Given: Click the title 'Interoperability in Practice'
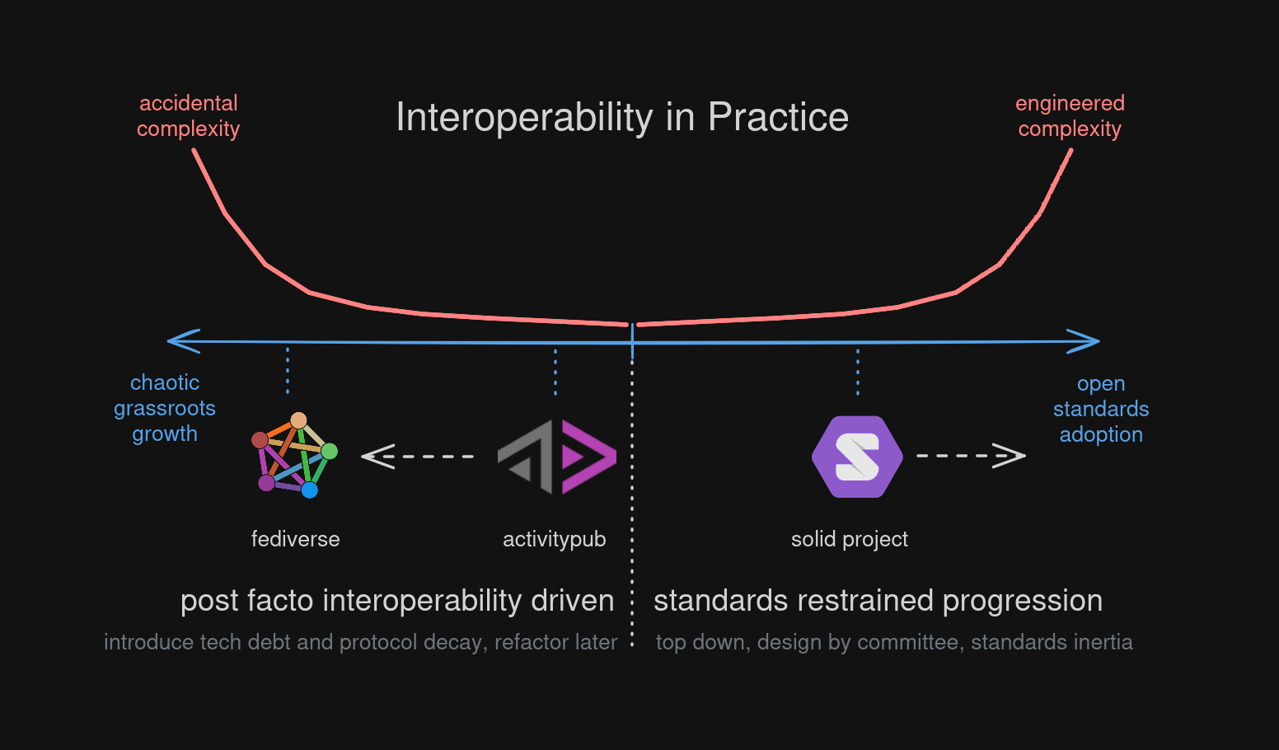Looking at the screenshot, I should pyautogui.click(x=622, y=117).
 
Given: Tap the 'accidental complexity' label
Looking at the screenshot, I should pyautogui.click(x=188, y=116).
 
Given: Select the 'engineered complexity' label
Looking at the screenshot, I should pyautogui.click(x=1070, y=116).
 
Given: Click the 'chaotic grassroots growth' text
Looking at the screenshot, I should pyautogui.click(x=165, y=408).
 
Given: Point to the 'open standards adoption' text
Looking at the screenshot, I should pyautogui.click(x=1101, y=409).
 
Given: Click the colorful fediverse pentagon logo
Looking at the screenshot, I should pyautogui.click(x=294, y=456).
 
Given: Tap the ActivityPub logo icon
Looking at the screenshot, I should pyautogui.click(x=557, y=457).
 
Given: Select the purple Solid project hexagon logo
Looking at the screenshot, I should pyautogui.click(x=857, y=457).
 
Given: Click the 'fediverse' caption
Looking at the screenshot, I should pyautogui.click(x=295, y=539).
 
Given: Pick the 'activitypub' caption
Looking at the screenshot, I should pyautogui.click(x=555, y=539).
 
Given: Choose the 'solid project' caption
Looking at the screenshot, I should pyautogui.click(x=850, y=539).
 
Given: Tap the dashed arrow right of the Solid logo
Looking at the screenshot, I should pyautogui.click(x=971, y=455).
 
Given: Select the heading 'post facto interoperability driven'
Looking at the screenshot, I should pyautogui.click(x=397, y=601).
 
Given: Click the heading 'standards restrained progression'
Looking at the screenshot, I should pyautogui.click(x=878, y=601).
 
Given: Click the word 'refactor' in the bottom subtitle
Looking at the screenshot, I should pyautogui.click(x=521, y=642).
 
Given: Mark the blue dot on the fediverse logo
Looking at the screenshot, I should pyautogui.click(x=310, y=490).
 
